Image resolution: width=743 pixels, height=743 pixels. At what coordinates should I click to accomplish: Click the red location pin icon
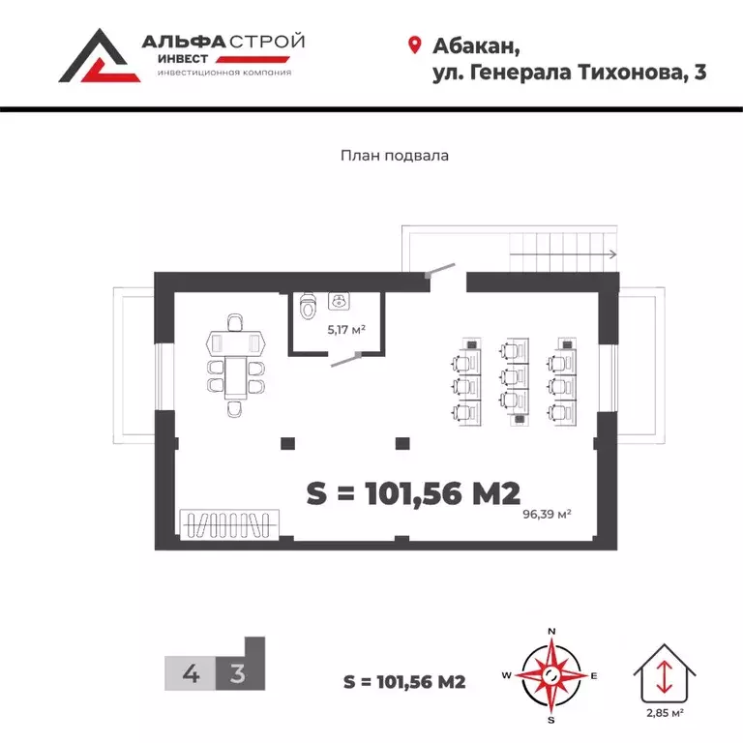[415, 45]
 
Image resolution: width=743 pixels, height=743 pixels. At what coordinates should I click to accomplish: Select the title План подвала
[395, 155]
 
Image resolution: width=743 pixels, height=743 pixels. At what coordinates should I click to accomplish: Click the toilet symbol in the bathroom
[308, 307]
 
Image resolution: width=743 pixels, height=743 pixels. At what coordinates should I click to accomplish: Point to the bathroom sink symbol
[340, 302]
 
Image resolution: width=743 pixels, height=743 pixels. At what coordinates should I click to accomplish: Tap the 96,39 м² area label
[546, 513]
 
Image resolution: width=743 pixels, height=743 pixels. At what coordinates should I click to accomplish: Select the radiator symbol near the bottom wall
[229, 523]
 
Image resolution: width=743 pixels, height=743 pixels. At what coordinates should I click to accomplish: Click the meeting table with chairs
[236, 364]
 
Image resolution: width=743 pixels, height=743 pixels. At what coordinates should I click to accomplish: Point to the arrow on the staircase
[609, 255]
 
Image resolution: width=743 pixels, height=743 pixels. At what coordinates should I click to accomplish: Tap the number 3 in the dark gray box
[236, 673]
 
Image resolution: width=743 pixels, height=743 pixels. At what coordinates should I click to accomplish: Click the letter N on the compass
[551, 631]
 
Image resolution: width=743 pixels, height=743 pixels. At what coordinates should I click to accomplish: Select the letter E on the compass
[594, 675]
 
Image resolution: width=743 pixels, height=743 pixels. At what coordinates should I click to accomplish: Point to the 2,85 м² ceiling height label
[665, 713]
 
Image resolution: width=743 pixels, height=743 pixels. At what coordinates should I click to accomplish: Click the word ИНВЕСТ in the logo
[183, 58]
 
